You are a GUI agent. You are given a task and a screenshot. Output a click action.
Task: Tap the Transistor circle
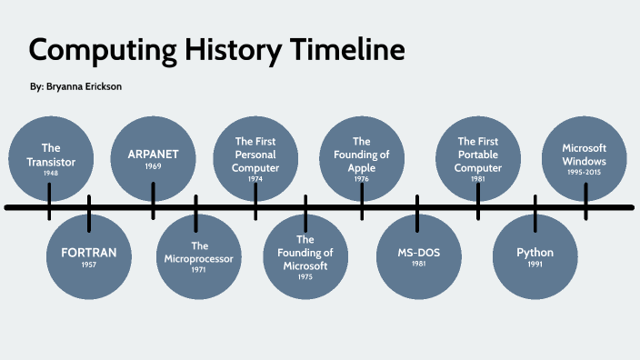[51, 158]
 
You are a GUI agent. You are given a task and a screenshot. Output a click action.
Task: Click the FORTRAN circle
[89, 255]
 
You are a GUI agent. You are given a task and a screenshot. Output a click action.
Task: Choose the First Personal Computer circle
[255, 158]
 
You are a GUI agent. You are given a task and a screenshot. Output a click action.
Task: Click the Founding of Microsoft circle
[305, 255]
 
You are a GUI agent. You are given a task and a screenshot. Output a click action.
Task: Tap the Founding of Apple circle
[362, 158]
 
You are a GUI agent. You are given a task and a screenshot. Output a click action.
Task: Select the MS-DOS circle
[418, 255]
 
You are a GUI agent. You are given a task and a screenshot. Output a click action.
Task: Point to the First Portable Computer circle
[478, 158]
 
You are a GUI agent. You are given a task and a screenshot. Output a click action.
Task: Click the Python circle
[535, 255]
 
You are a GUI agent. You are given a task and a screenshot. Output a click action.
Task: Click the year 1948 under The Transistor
[51, 173]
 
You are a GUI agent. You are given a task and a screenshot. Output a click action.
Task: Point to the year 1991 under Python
[535, 264]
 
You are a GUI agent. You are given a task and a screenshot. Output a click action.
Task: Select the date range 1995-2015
[584, 173]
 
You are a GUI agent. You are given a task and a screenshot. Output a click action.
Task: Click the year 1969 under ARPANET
[153, 166]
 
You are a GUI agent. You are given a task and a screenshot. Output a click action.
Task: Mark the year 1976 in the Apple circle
[362, 179]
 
